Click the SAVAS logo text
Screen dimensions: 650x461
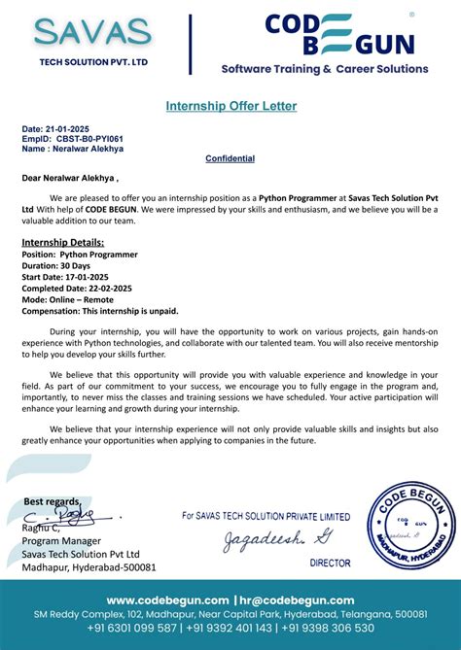pyautogui.click(x=92, y=32)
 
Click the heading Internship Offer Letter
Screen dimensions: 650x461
pyautogui.click(x=230, y=105)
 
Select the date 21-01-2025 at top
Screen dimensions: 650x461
pyautogui.click(x=60, y=129)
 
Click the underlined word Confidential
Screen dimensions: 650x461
pyautogui.click(x=230, y=158)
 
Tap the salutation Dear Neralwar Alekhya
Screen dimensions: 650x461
pyautogui.click(x=70, y=178)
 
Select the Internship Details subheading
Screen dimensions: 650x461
pyautogui.click(x=62, y=242)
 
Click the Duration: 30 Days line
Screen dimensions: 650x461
pyautogui.click(x=55, y=265)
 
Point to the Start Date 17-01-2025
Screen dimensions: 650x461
pyautogui.click(x=65, y=277)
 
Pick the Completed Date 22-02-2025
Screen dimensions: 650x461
pyautogui.click(x=78, y=288)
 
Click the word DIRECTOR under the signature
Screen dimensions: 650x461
pyautogui.click(x=330, y=563)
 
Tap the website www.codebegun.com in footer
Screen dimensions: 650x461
pyautogui.click(x=166, y=600)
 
